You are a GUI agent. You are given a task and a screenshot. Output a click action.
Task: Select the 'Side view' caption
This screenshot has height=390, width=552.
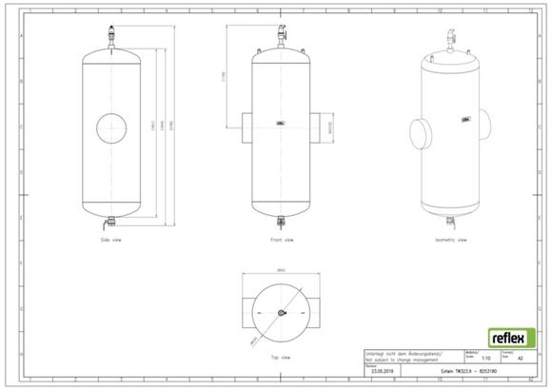tap(111, 240)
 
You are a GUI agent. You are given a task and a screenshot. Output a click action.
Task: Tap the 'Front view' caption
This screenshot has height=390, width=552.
tap(279, 240)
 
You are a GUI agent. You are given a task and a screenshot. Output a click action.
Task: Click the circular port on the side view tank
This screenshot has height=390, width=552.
tap(111, 128)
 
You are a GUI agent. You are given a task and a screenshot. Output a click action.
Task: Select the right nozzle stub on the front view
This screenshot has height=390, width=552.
tap(315, 127)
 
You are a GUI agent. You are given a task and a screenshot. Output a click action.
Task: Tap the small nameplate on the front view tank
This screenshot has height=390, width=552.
tap(279, 122)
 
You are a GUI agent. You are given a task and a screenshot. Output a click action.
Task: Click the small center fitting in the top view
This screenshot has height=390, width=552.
tap(279, 313)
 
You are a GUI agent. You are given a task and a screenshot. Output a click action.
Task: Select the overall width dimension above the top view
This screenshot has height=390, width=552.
tap(279, 271)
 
